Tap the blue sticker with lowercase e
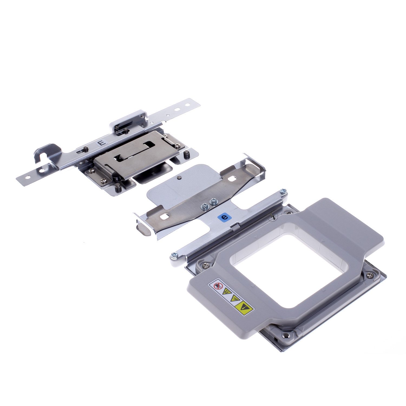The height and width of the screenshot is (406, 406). [x=224, y=217]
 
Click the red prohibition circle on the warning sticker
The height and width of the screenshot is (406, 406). [x=217, y=285]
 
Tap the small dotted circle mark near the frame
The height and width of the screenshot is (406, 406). [x=274, y=217]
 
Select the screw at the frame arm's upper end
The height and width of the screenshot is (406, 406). [x=283, y=191]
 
